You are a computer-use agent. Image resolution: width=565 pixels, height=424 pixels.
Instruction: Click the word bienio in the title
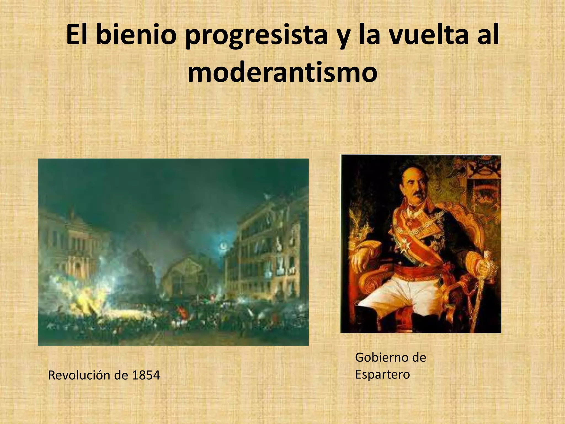(137, 36)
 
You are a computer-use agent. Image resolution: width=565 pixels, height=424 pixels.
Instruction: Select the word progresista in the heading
(255, 37)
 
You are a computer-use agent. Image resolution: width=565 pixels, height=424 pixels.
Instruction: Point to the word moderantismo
(282, 72)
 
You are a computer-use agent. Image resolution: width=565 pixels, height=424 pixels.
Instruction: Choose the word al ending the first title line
(489, 36)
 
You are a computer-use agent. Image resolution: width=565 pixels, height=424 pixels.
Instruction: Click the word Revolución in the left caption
(80, 375)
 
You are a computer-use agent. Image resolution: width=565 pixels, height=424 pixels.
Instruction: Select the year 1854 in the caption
(146, 375)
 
